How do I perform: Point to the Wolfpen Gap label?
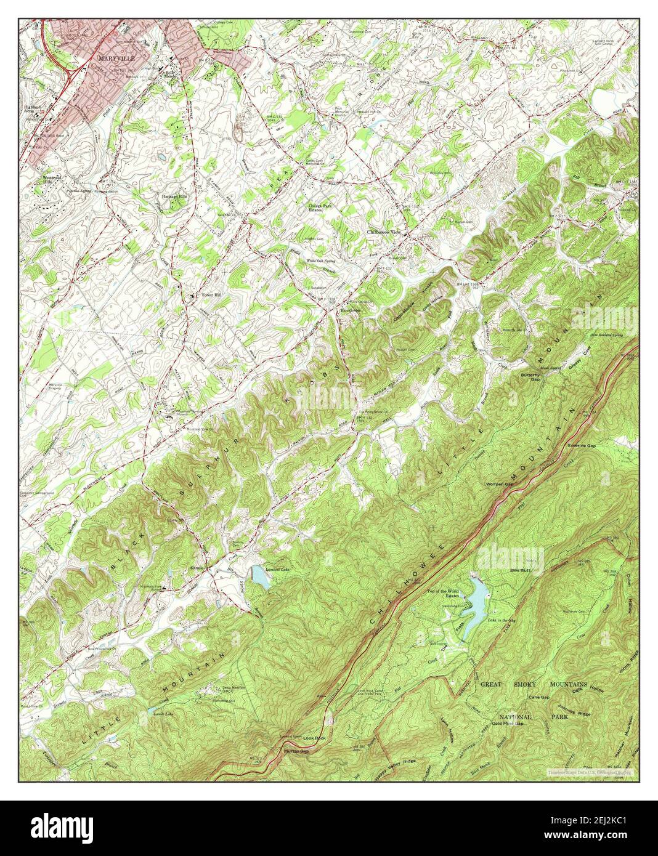pyautogui.click(x=500, y=484)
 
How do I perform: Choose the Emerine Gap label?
pyautogui.click(x=582, y=446)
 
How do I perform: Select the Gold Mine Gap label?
pyautogui.click(x=511, y=724)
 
